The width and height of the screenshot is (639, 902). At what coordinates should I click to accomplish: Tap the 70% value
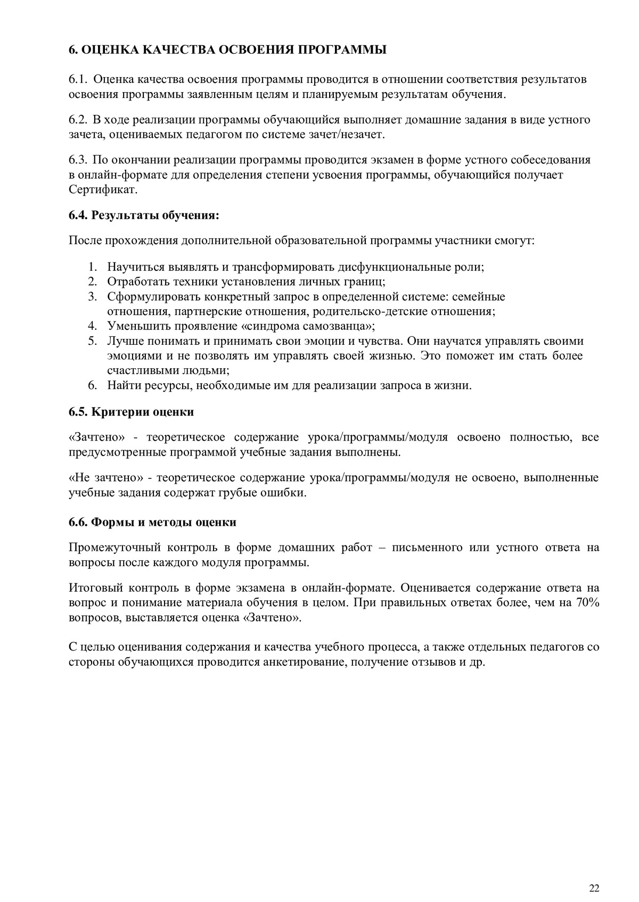point(587,602)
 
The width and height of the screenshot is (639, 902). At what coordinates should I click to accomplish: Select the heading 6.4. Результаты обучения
point(144,216)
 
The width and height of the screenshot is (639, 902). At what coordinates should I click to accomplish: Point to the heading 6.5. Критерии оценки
point(131,412)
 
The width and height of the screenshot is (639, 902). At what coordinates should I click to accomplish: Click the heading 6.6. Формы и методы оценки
point(152,522)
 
